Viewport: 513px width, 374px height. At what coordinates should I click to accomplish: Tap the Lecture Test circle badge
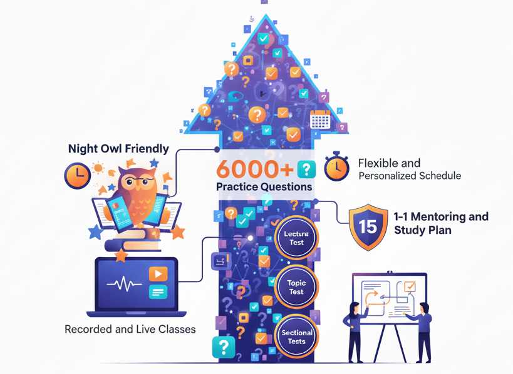click(296, 238)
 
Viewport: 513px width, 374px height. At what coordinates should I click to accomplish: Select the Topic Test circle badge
click(296, 287)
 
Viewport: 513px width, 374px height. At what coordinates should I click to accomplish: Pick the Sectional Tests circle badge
click(296, 337)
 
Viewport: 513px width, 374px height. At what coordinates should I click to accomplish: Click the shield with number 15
click(368, 226)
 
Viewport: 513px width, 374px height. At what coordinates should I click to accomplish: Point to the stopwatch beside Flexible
click(336, 166)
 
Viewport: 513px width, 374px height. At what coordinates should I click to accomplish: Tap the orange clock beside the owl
click(77, 175)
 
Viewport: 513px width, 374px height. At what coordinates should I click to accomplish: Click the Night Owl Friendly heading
click(118, 148)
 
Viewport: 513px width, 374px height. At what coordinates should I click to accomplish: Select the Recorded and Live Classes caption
click(130, 329)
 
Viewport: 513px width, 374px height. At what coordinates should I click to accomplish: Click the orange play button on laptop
click(158, 274)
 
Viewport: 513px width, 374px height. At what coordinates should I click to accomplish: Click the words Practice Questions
click(264, 186)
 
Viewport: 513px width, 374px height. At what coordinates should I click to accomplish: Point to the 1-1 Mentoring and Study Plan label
click(441, 223)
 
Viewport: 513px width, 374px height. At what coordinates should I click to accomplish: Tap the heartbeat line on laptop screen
click(124, 285)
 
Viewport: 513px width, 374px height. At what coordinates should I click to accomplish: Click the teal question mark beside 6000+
click(306, 169)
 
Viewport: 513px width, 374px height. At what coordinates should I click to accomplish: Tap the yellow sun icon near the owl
click(98, 168)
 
